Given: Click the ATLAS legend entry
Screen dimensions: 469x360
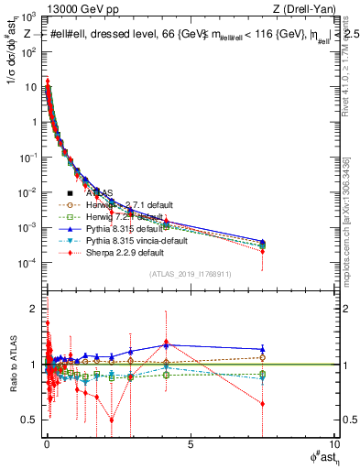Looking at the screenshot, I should (101, 193).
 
